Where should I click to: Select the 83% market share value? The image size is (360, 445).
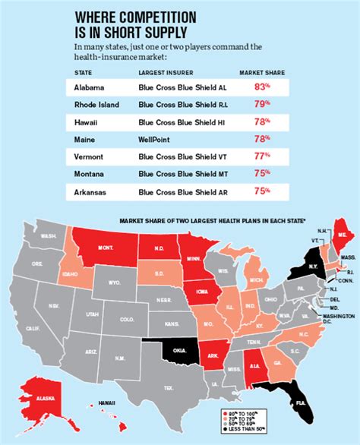coord(261,87)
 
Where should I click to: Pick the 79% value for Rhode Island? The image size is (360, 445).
coord(261,105)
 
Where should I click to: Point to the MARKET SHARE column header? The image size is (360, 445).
coord(261,72)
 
